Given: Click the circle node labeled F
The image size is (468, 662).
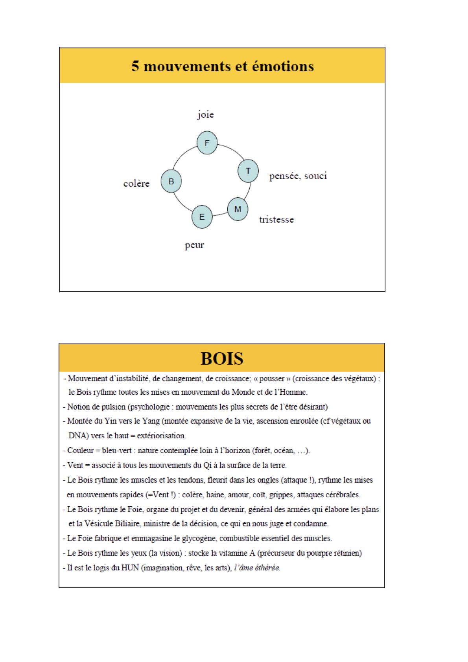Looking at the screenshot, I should pos(207,143).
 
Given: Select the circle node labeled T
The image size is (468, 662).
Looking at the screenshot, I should pos(248,171).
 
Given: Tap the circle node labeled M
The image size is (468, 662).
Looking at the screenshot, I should pos(238,209).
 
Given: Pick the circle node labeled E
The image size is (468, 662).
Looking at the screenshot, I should pos(202,217).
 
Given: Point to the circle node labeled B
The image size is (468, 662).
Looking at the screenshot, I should pos(171,181).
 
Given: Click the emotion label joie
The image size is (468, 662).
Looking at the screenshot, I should pos(205,114).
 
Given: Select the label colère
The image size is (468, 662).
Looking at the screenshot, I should pos(136,184).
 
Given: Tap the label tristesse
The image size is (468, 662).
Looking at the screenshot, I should pos(276,220).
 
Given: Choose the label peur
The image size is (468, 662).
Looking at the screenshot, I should pos(194,245).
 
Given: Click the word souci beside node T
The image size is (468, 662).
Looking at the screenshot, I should pos(315,176).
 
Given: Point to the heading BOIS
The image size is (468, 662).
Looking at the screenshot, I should pos(222,359).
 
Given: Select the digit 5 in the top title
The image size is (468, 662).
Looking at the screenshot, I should pos(135,66).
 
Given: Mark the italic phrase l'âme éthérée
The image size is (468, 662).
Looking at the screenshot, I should pos(257,568).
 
